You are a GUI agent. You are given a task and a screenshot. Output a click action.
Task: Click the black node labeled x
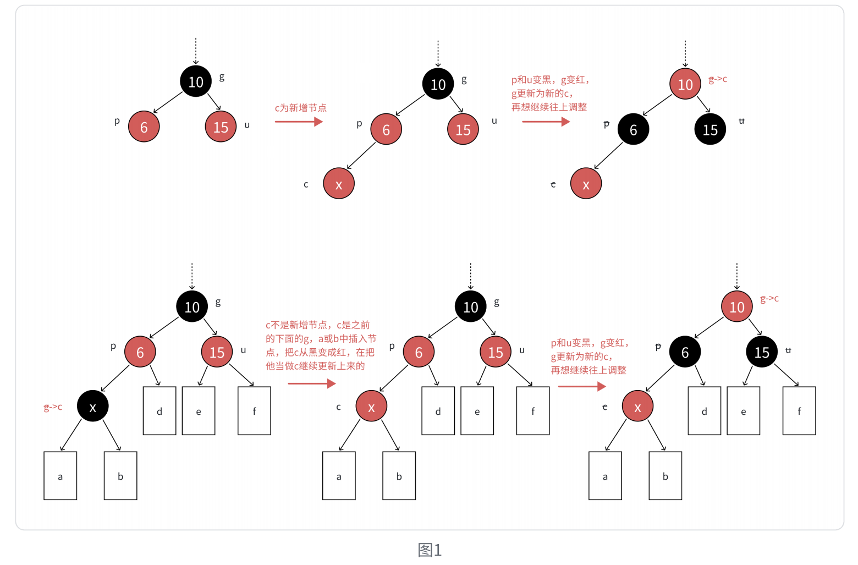coord(92,406)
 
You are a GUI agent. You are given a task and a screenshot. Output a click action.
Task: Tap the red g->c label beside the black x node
coord(53,407)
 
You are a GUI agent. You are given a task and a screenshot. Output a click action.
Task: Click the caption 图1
coord(430,550)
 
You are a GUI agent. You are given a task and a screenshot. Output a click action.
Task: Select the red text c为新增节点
coord(300,108)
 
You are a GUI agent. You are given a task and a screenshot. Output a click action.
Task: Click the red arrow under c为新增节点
coord(299,122)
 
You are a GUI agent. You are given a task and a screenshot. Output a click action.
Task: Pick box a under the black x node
coord(60,476)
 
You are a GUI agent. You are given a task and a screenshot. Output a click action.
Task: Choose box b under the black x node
coord(120,476)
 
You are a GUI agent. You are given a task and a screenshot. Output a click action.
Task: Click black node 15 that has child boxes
coord(761,352)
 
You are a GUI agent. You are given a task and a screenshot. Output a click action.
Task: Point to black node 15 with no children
coord(710,129)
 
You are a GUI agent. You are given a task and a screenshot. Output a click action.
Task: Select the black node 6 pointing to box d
coord(685,352)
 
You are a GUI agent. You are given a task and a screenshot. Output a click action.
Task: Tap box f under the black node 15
coord(799,410)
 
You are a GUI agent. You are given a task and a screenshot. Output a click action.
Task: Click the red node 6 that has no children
coord(144,127)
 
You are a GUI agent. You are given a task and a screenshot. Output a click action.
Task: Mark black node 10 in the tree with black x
coord(192,306)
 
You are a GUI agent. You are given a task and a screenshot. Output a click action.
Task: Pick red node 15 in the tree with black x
coord(217,352)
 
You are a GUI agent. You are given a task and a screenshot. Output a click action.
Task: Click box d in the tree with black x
coord(159,410)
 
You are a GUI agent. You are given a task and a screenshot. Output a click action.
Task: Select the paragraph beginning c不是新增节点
coord(321,345)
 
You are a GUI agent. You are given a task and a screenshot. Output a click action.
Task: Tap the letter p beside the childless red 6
coord(117,120)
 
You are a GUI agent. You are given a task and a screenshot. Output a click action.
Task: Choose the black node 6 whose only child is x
coord(633,129)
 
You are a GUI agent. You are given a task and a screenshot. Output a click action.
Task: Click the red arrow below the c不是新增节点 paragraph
coord(311,383)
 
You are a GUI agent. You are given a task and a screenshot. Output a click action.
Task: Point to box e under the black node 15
coord(743,410)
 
